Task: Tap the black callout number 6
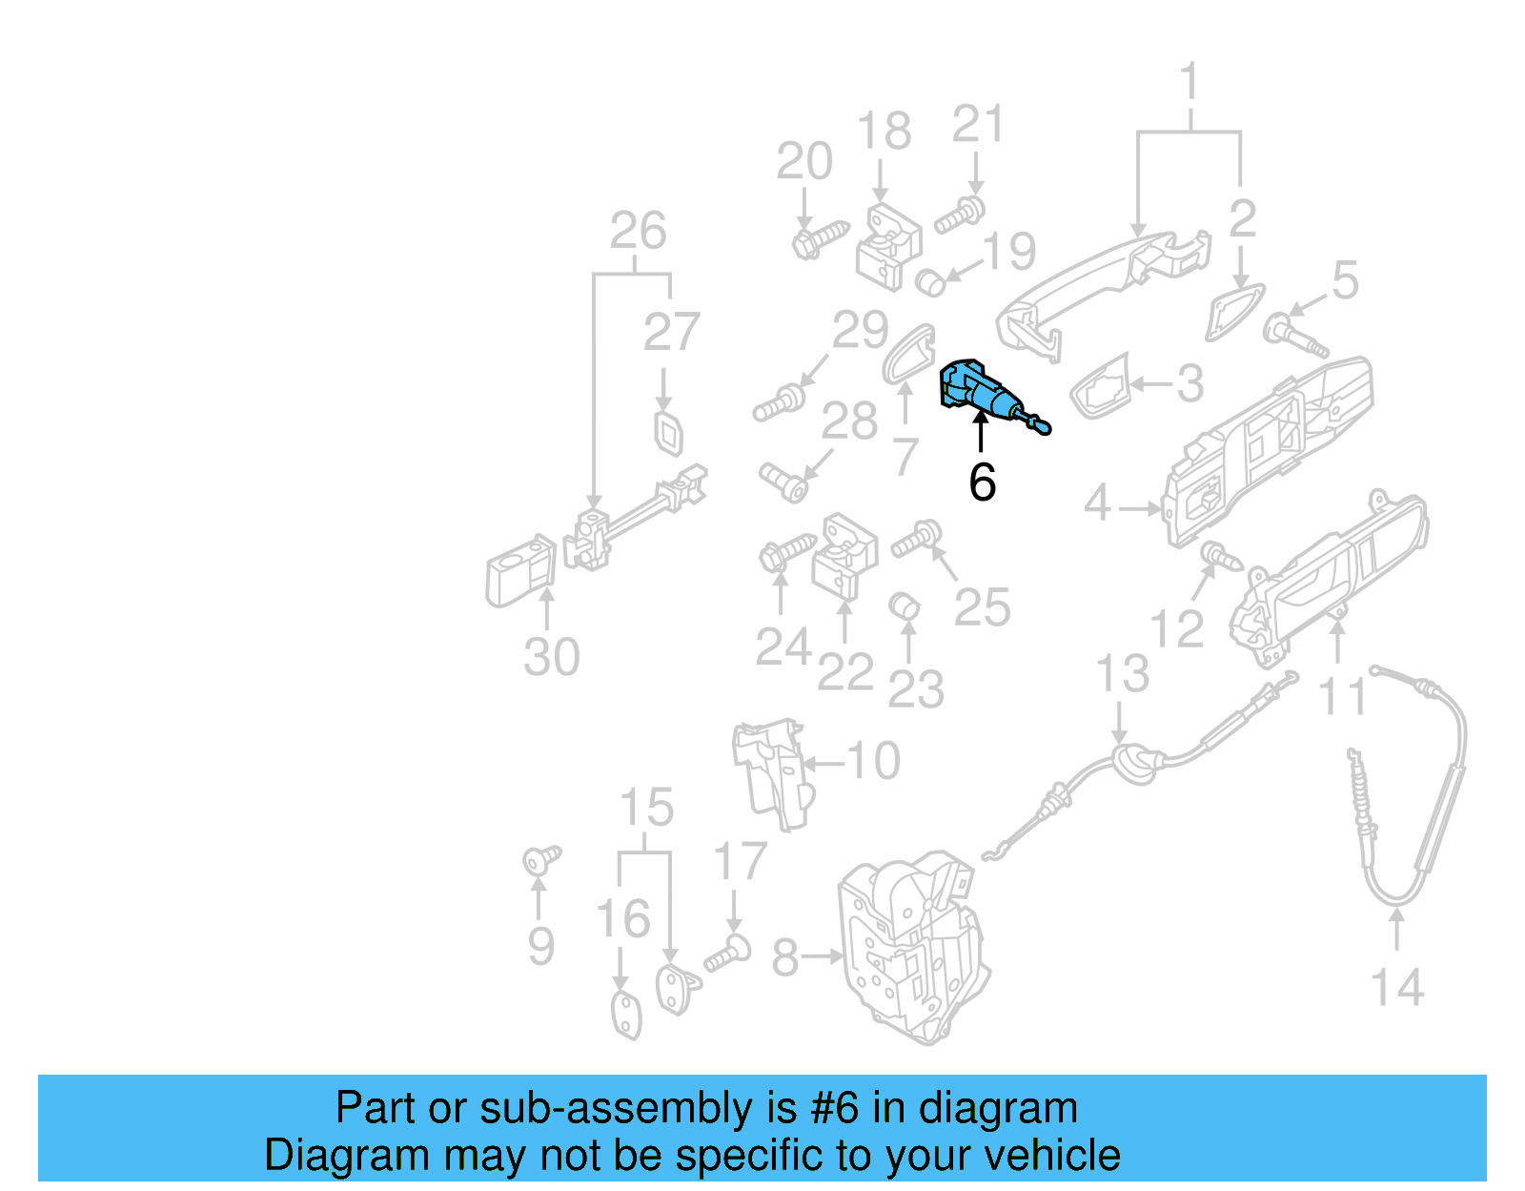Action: [982, 483]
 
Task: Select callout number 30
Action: [551, 657]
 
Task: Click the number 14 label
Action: [1396, 987]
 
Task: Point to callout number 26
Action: [638, 231]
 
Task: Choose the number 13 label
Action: [1122, 674]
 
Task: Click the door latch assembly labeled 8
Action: [915, 944]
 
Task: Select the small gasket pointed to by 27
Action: [669, 433]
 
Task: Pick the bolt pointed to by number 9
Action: [541, 860]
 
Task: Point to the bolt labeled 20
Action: [820, 238]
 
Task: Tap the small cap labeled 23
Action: [905, 606]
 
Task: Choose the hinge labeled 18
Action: [889, 245]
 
